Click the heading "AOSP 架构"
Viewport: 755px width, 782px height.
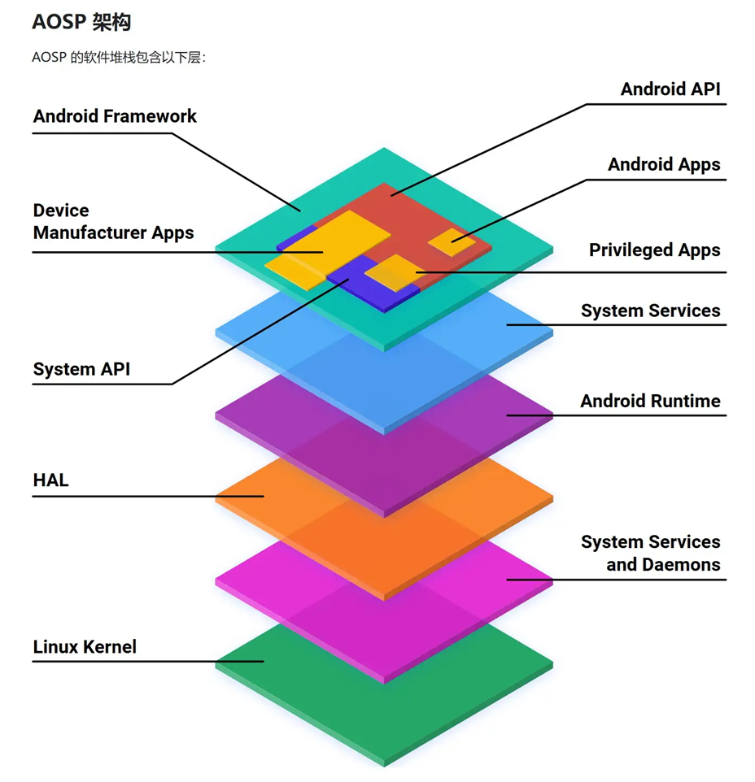pyautogui.click(x=81, y=22)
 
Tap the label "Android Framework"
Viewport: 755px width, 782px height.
pyautogui.click(x=115, y=116)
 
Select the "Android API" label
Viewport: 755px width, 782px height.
pyautogui.click(x=670, y=89)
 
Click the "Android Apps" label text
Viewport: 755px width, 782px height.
pyautogui.click(x=664, y=165)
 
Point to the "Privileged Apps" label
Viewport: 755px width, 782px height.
pyautogui.click(x=654, y=250)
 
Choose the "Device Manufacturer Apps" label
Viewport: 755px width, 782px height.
pyautogui.click(x=113, y=222)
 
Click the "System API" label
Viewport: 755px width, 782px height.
pyautogui.click(x=81, y=370)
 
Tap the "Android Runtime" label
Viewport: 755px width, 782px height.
pyautogui.click(x=650, y=402)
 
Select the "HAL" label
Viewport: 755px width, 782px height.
pyautogui.click(x=50, y=480)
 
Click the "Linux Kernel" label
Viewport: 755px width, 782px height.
pyautogui.click(x=85, y=648)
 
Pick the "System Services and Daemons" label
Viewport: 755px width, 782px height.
pyautogui.click(x=650, y=554)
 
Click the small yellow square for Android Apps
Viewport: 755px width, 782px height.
pyautogui.click(x=452, y=241)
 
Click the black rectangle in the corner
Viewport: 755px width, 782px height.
pyautogui.click(x=641, y=754)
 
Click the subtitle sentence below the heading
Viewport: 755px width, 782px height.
pyautogui.click(x=119, y=58)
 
